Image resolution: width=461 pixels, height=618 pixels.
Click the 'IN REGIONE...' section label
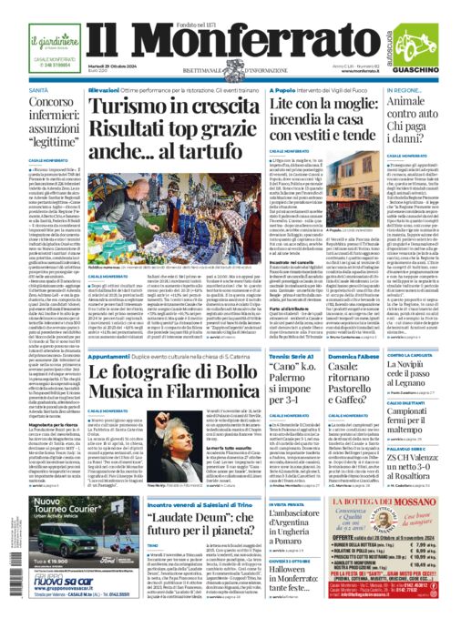[x=407, y=91]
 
